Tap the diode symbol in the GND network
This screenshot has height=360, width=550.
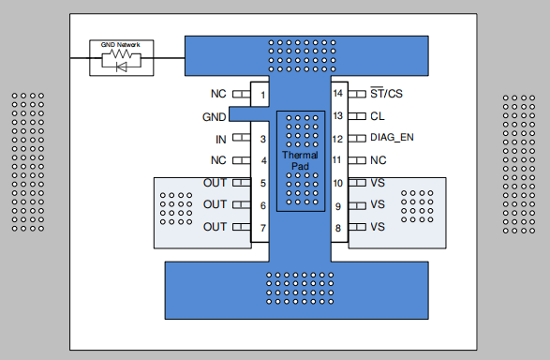(120, 67)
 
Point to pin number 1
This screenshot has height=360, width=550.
(263, 95)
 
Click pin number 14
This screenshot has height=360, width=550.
(338, 94)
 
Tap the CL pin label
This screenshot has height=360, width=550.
(377, 116)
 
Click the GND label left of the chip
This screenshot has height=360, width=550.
(214, 117)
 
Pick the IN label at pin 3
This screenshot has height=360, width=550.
(220, 140)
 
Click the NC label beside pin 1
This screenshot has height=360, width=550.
(218, 95)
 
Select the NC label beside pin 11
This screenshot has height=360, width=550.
(379, 160)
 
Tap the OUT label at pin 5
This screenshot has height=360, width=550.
(215, 183)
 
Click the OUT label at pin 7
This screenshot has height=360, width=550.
(215, 227)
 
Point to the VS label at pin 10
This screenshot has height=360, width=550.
(378, 183)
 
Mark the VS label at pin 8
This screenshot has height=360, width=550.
(378, 227)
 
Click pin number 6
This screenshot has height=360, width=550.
(263, 205)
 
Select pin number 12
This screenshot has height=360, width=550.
(338, 139)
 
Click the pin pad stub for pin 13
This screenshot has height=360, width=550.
(357, 116)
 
